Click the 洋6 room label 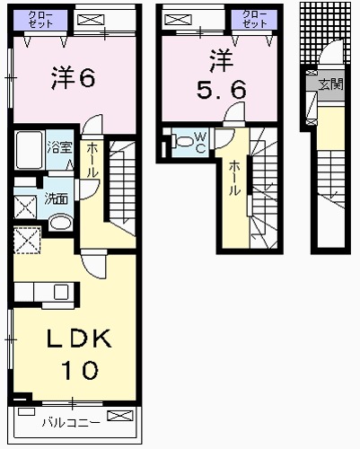[x=73, y=77]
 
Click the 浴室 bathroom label [x=60, y=146]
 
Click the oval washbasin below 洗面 [x=60, y=223]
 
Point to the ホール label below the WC [x=234, y=178]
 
